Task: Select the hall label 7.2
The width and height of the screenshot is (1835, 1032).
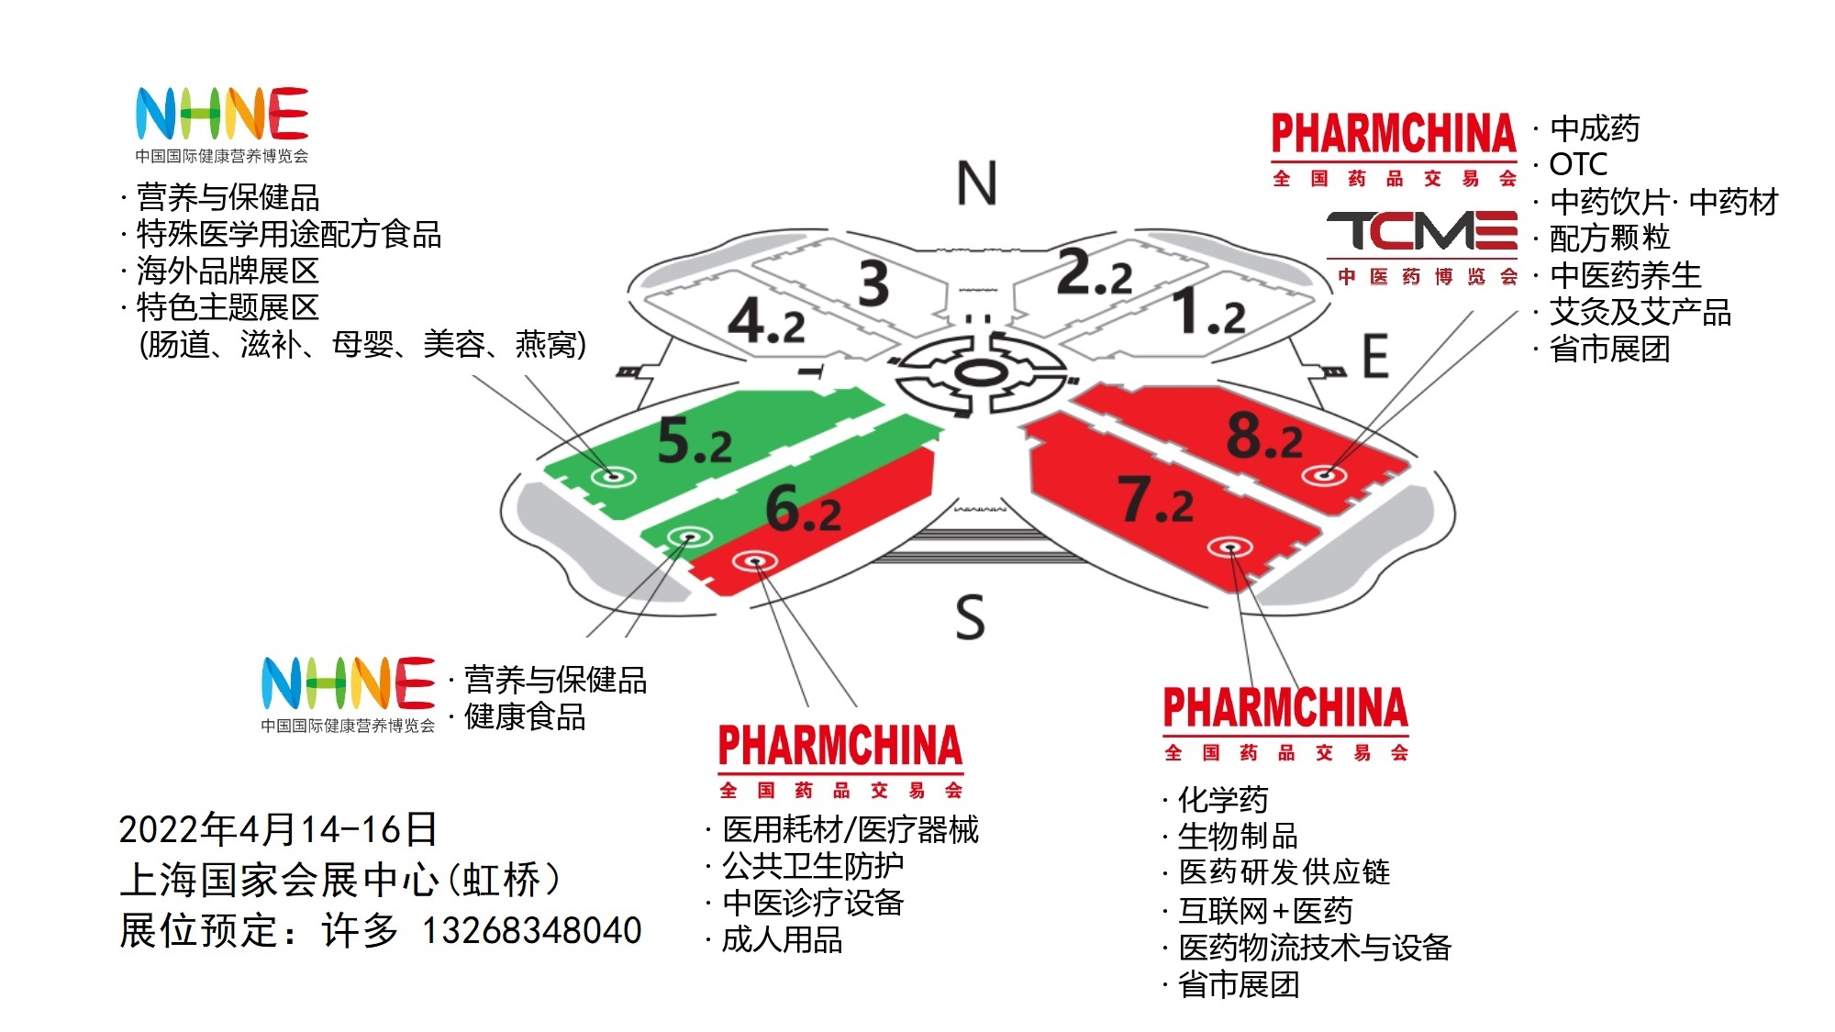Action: (1155, 500)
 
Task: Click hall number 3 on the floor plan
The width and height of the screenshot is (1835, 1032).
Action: (873, 283)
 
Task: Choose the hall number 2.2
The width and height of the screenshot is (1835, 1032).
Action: (1095, 272)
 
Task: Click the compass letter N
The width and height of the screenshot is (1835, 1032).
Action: (976, 183)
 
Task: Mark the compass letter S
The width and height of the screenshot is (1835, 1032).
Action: (970, 616)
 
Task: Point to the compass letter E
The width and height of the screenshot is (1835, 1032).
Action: (1374, 356)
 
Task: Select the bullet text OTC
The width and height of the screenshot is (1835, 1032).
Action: (1578, 164)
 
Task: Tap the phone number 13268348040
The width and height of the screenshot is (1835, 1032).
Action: (531, 930)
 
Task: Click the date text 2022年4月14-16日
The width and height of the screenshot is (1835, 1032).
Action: (278, 829)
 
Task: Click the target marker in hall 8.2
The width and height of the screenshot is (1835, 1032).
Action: (1324, 474)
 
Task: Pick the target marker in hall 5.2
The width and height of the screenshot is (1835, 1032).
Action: (612, 475)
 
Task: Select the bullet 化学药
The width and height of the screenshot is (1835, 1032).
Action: (1223, 799)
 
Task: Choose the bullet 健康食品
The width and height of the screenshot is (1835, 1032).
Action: (525, 716)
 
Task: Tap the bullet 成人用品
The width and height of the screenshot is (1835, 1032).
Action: (782, 939)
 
